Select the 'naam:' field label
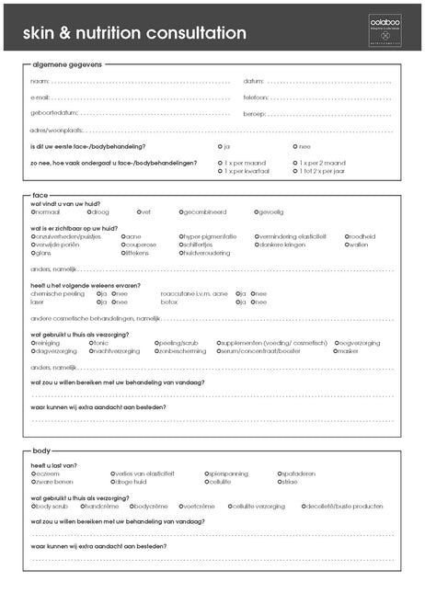click(39, 82)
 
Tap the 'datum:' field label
click(254, 82)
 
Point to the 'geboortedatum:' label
click(52, 113)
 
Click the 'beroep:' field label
click(255, 113)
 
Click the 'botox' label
click(169, 302)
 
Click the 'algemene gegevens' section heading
click(67, 64)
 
